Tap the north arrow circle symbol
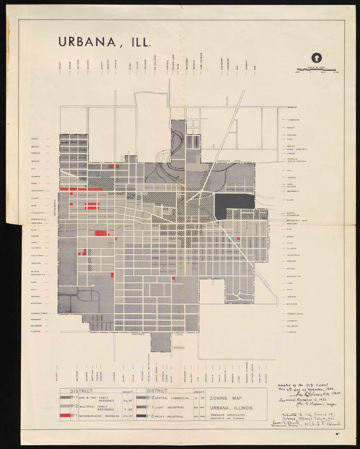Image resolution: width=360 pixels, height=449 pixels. (316, 58)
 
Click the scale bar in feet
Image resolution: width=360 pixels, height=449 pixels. (316, 69)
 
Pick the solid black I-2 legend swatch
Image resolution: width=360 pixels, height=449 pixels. (142, 416)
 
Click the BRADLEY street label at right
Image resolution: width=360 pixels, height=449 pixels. (292, 107)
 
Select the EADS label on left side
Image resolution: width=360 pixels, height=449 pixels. (35, 139)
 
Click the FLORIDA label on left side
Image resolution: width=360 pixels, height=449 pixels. (36, 331)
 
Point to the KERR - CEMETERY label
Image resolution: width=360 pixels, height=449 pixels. (297, 149)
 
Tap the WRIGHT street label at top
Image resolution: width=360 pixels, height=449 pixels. (60, 66)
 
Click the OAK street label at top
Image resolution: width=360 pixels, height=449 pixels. (255, 68)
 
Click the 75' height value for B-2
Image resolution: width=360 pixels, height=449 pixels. (201, 398)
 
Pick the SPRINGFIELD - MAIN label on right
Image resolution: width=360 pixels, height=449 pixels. (297, 221)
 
